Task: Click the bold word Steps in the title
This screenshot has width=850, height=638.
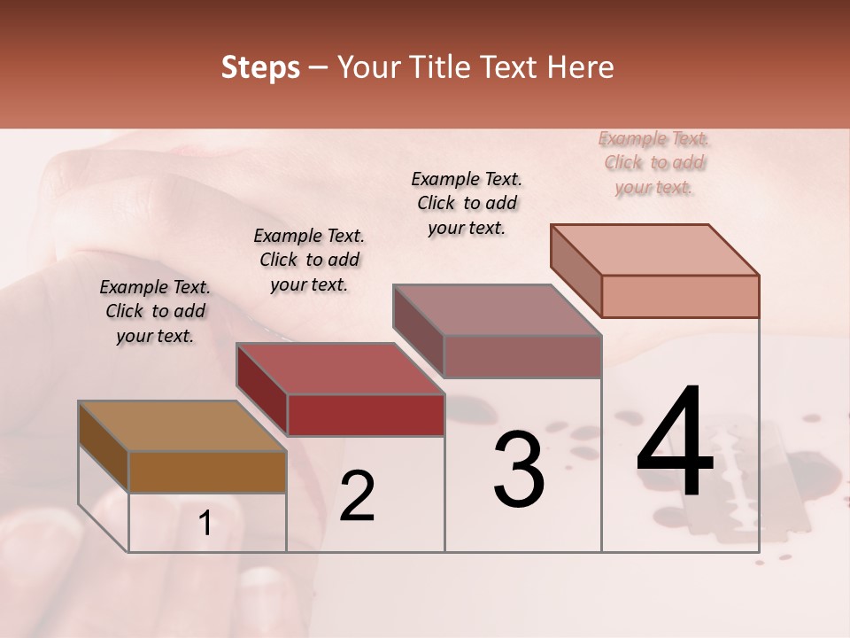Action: tap(260, 68)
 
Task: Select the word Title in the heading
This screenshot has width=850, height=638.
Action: tap(434, 68)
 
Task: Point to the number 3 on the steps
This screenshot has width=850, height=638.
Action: tap(519, 470)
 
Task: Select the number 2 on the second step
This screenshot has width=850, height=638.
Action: tap(358, 496)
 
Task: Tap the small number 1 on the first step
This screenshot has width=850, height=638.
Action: tap(205, 525)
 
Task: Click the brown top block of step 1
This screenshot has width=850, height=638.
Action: tap(207, 471)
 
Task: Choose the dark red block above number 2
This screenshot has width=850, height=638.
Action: tap(365, 415)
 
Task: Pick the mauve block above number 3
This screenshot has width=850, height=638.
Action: tap(522, 356)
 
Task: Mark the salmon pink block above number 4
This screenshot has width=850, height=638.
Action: tap(680, 296)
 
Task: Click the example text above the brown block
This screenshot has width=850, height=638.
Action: tap(155, 312)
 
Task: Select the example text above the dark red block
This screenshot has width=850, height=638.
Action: tap(309, 261)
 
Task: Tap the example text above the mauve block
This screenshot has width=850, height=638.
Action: tap(467, 203)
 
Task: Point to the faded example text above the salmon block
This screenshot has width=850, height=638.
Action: tap(654, 163)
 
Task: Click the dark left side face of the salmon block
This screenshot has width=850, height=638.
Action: tap(576, 270)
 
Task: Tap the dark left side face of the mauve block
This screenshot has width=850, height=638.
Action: tap(418, 331)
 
